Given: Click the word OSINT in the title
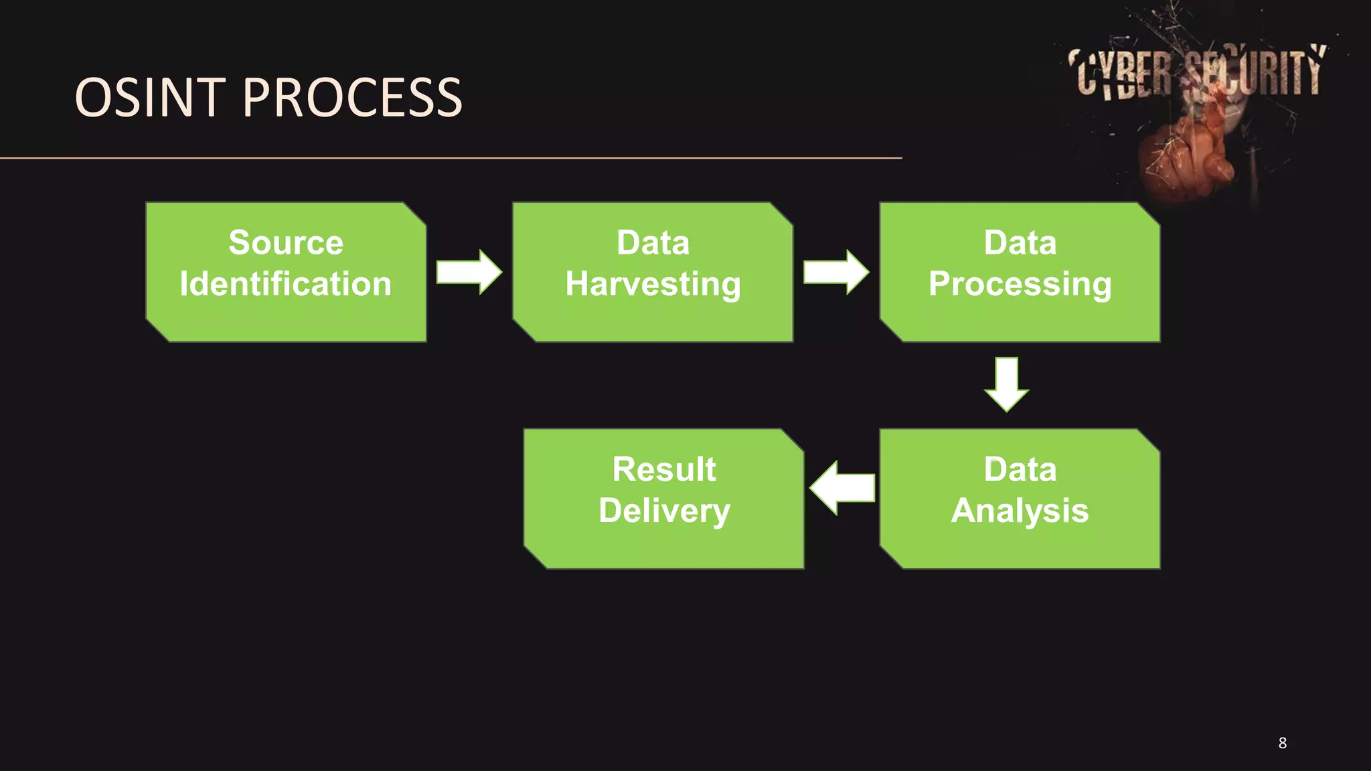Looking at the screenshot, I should pyautogui.click(x=150, y=98).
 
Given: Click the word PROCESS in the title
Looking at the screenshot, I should pyautogui.click(x=352, y=98).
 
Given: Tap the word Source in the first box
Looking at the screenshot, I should pyautogui.click(x=286, y=242).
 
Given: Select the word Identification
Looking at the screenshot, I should pyautogui.click(x=286, y=284).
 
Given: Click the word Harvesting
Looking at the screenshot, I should pyautogui.click(x=653, y=284).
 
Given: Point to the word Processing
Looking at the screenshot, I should pyautogui.click(x=1020, y=284).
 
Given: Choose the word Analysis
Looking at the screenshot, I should pyautogui.click(x=1020, y=511).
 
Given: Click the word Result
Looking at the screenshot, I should pyautogui.click(x=664, y=469).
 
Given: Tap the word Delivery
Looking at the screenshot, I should pyautogui.click(x=664, y=511).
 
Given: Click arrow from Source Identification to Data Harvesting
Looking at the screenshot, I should pyautogui.click(x=469, y=272).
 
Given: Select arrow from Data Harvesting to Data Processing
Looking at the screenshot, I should pyautogui.click(x=836, y=272).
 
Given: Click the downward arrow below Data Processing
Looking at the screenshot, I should pyautogui.click(x=1006, y=383).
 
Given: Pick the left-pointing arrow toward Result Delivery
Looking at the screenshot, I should pyautogui.click(x=842, y=487).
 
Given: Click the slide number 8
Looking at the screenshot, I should pyautogui.click(x=1282, y=743).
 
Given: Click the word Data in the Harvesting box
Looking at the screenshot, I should pyautogui.click(x=653, y=242).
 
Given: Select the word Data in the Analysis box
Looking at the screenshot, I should pyautogui.click(x=1020, y=469).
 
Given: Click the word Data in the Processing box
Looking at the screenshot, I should pyautogui.click(x=1020, y=242).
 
